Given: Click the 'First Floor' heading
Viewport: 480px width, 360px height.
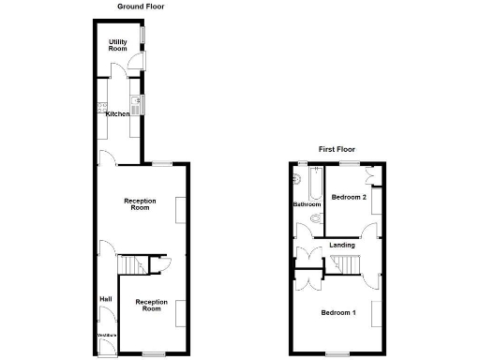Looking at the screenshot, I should tap(337, 149).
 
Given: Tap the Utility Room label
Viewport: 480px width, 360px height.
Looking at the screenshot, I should tap(118, 45).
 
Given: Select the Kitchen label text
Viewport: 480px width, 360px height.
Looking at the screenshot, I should tap(117, 113).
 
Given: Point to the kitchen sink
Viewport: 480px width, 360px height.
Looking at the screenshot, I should tap(135, 104).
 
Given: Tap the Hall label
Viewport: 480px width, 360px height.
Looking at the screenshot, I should tap(106, 299).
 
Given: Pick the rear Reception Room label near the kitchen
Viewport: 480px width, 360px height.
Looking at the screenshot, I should tap(140, 204).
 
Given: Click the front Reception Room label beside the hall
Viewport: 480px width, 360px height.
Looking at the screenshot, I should tap(151, 306).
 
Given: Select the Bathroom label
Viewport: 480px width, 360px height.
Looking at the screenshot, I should tap(307, 204).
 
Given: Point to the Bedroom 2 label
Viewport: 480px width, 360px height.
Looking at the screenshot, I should tap(348, 197).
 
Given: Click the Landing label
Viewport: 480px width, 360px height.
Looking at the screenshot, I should tap(342, 245).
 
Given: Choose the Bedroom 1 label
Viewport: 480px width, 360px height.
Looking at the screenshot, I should tap(338, 312).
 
